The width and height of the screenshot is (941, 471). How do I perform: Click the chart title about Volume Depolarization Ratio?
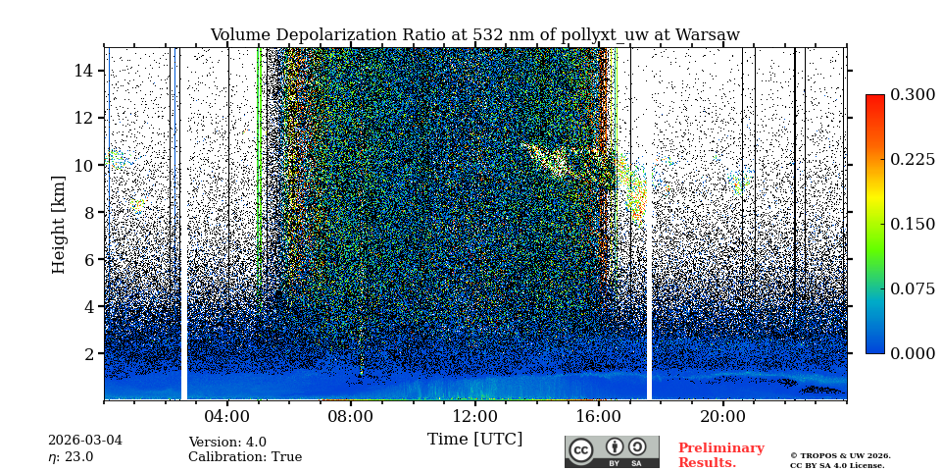coord(474,35)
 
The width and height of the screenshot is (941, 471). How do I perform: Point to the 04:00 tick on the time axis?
coord(227,415)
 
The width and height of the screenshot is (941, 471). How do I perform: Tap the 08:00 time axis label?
coord(351,415)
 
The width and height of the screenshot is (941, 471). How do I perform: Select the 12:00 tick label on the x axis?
coord(474,415)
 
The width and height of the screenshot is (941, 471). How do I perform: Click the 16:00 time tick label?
coord(599,415)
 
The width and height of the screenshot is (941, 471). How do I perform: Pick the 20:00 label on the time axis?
coord(722,415)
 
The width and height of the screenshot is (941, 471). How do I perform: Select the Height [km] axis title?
coord(59,224)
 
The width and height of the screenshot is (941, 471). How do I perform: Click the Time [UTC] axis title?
coord(474,439)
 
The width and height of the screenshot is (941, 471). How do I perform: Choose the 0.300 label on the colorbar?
coord(912,95)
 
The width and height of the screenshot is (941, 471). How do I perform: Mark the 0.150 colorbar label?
coord(912,224)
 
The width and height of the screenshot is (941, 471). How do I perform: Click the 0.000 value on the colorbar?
coord(912,353)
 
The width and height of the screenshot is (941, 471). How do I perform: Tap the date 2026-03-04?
coord(85,441)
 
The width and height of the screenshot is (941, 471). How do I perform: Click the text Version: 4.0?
coord(227,443)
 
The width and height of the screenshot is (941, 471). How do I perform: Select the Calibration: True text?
coord(245,457)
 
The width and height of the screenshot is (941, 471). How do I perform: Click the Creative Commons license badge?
coord(612,451)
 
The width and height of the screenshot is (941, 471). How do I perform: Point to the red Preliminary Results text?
coord(720,455)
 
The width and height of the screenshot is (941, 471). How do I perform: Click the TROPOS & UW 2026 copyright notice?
coord(840,455)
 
